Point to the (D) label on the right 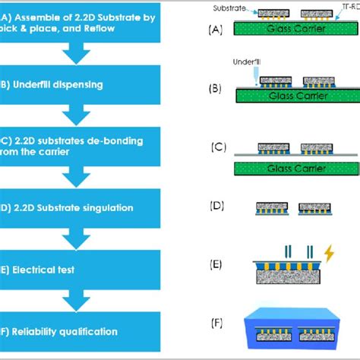pos(216,207)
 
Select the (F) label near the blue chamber pos(216,323)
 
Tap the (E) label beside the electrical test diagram pos(216,264)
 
